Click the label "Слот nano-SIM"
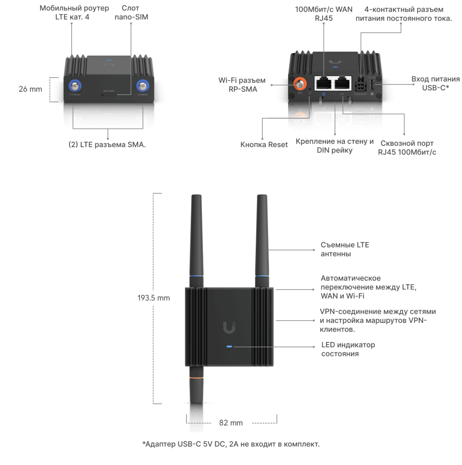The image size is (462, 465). coord(135,13)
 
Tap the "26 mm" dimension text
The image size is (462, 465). coord(30,89)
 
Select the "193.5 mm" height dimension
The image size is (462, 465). coord(154,298)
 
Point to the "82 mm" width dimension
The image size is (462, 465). coord(231,423)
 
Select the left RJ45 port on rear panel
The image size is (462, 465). coord(324,83)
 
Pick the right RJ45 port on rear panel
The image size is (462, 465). coord(343,83)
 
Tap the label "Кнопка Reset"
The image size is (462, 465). coord(264,145)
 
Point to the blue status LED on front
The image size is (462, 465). coord(229,346)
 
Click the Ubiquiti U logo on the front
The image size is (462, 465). coord(229,326)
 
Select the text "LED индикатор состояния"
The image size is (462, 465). coord(348,349)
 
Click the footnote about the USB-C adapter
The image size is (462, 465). coord(231,444)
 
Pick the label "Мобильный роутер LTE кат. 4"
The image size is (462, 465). coord(74,13)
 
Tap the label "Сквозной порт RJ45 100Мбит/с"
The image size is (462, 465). coord(407,147)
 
